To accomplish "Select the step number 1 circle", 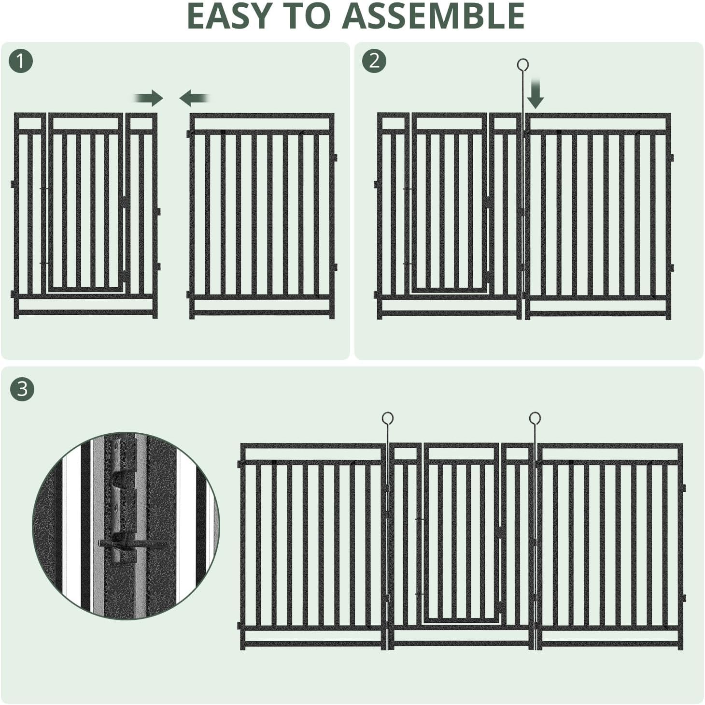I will tap(21, 61).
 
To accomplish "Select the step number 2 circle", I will tap(374, 61).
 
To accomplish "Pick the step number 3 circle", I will tap(22, 388).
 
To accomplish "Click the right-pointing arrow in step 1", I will tap(150, 98).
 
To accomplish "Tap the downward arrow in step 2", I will tap(535, 95).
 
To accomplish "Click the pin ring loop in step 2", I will tap(522, 64).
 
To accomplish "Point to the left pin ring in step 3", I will tap(387, 418).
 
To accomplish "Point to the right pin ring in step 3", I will tap(535, 418).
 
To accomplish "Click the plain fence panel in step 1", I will tap(261, 215).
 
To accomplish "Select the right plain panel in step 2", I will tap(598, 215).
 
